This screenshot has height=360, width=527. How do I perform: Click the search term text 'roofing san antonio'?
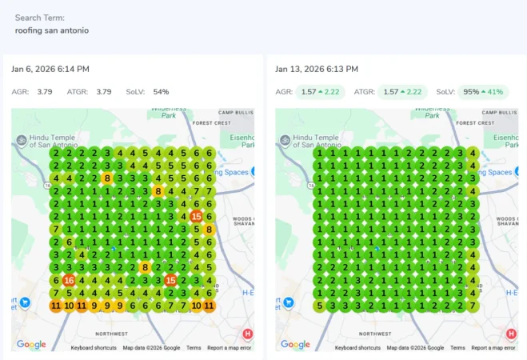coord(52,30)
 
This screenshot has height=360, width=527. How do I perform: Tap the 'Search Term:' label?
coord(40,18)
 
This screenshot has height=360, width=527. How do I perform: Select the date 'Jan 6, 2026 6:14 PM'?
coord(50,70)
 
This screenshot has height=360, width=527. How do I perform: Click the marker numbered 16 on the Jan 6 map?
coord(69,280)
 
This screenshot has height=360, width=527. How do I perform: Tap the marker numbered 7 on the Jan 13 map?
coord(473,306)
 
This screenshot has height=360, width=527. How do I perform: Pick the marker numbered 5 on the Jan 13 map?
coord(320,306)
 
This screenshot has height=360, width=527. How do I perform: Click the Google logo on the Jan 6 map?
coord(31,345)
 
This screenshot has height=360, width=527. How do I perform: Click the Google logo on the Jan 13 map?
coord(295,345)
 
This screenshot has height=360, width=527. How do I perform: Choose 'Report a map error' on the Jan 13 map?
coord(493,348)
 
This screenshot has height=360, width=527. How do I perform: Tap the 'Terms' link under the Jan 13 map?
coord(457,348)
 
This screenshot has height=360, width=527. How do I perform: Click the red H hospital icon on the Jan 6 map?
coord(247,334)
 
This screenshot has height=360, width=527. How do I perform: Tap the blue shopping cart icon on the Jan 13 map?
coord(289,302)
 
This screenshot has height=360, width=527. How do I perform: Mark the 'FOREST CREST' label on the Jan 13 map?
coord(475,123)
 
